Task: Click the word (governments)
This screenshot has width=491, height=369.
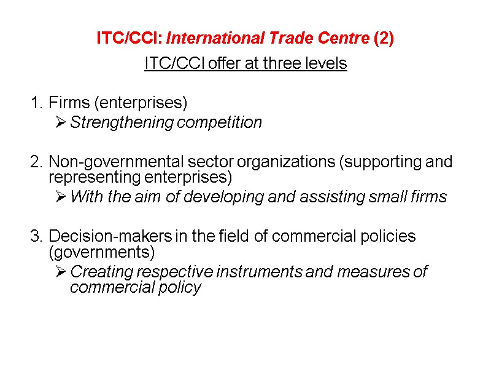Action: (101, 252)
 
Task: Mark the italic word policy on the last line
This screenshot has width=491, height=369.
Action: (182, 287)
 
